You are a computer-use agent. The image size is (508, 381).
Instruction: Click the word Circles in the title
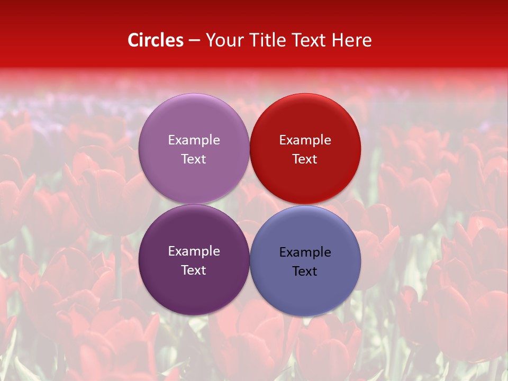(x=156, y=40)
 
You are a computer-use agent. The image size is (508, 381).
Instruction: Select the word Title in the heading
(x=268, y=40)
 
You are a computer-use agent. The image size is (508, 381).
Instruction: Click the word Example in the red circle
(x=305, y=140)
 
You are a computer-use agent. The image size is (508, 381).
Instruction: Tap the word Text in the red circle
(x=305, y=159)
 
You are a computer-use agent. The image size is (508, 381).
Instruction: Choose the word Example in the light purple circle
(x=194, y=140)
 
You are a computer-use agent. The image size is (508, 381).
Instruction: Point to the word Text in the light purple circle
(x=194, y=159)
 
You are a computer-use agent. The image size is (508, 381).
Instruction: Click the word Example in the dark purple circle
(x=194, y=251)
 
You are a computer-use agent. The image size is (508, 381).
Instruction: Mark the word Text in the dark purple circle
(x=194, y=270)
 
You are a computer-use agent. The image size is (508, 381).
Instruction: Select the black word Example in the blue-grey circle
(x=305, y=252)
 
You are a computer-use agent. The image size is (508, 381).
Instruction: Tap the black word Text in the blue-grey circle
(x=305, y=271)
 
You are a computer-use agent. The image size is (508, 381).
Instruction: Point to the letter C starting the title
(x=133, y=40)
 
